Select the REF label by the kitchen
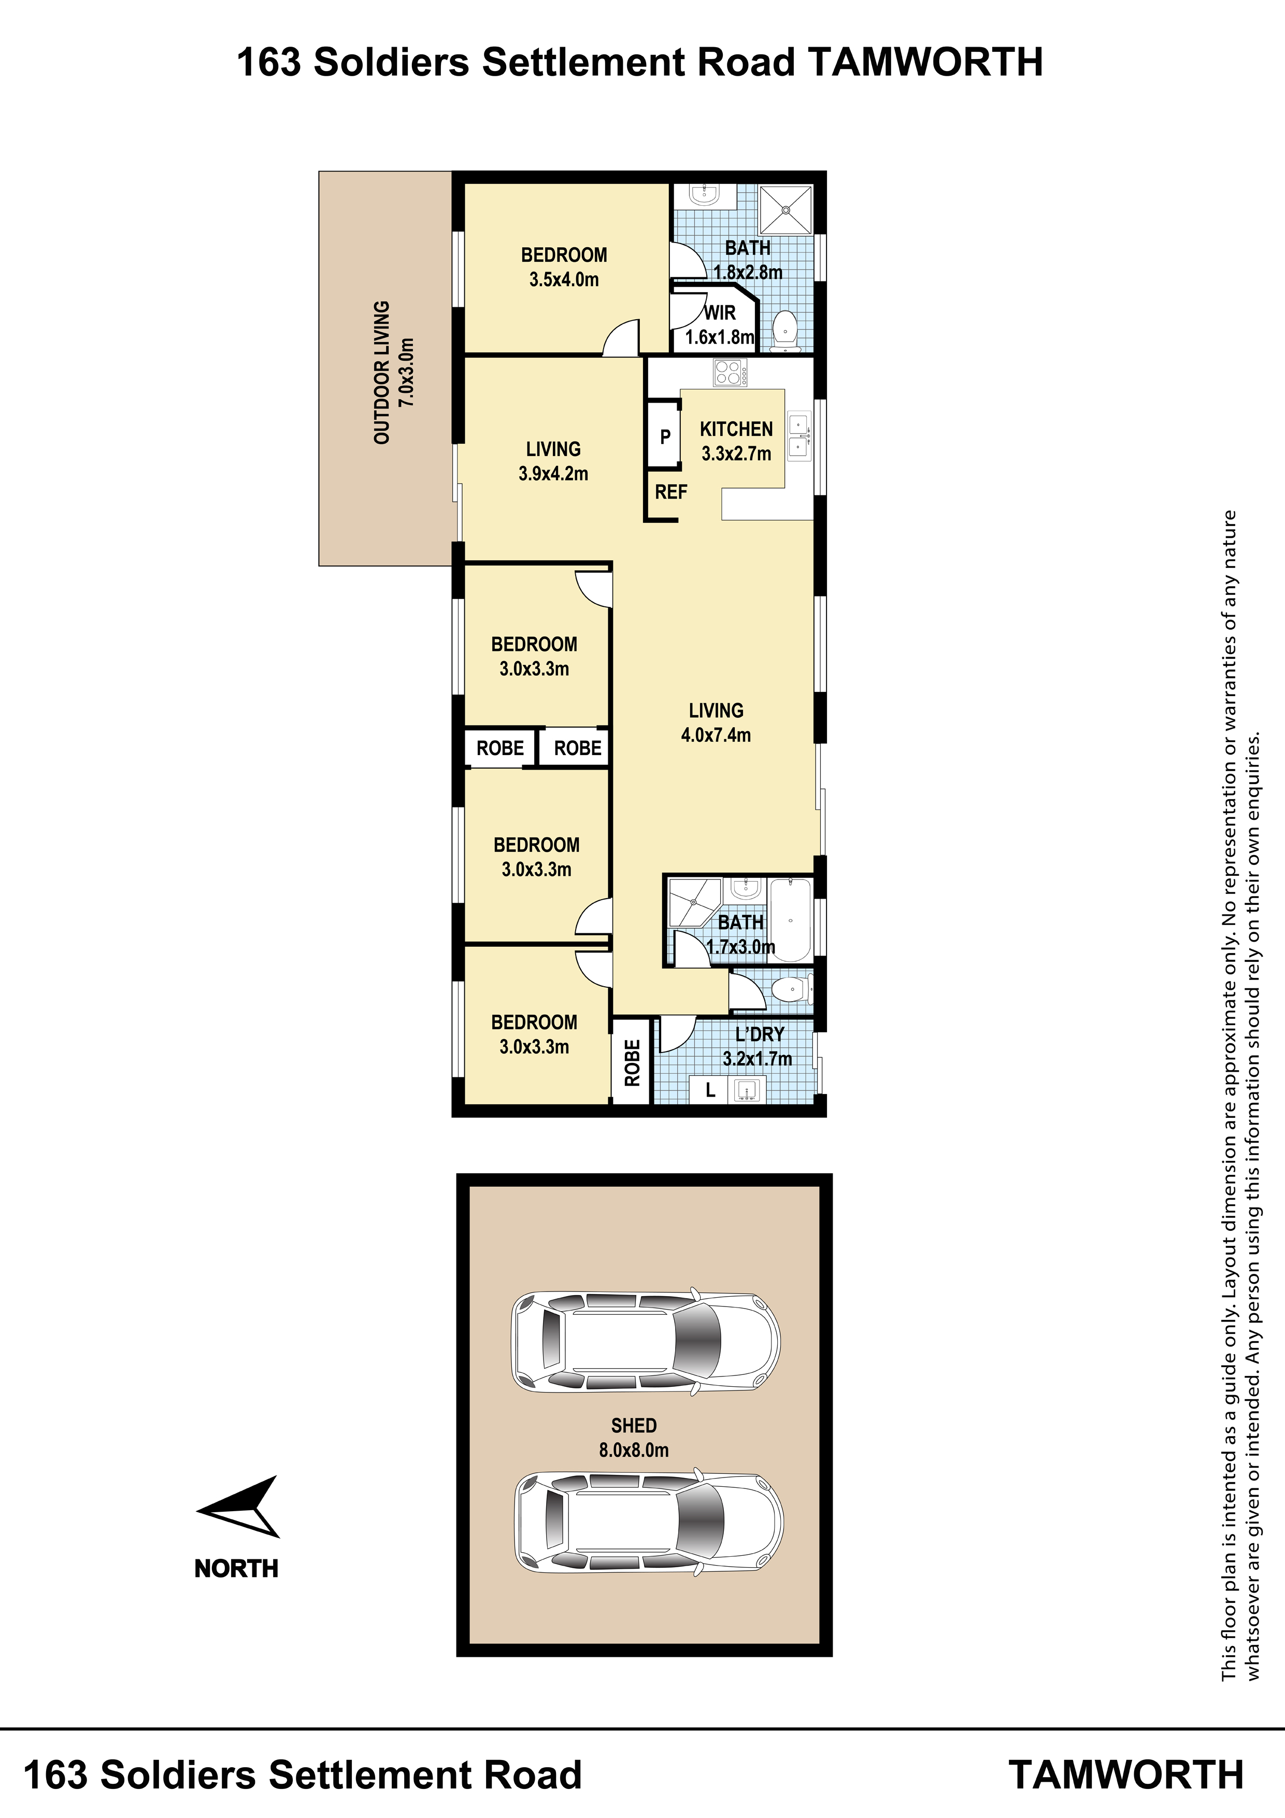tap(670, 492)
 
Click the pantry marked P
tap(664, 436)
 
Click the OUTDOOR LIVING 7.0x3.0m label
tap(393, 372)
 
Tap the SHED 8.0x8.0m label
tap(633, 1438)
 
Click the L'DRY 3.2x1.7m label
tap(758, 1046)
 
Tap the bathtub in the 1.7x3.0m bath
tap(790, 919)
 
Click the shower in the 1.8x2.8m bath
tap(786, 210)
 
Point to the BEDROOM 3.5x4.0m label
tap(564, 267)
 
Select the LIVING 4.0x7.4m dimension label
tap(716, 723)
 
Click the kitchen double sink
tap(799, 436)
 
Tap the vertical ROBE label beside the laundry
tap(632, 1062)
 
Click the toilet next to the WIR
tap(784, 329)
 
